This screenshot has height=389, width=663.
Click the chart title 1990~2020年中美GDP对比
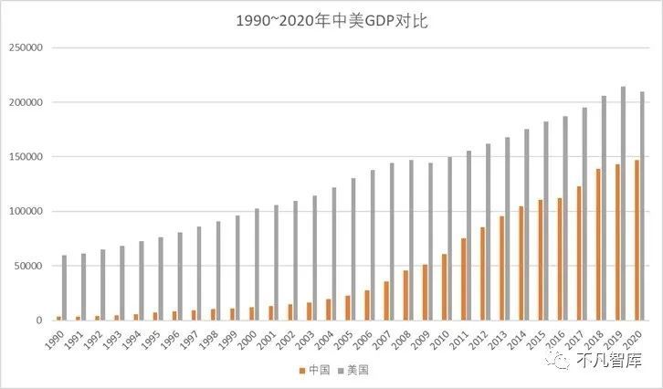tap(331, 20)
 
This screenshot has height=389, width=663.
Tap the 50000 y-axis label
tap(31, 266)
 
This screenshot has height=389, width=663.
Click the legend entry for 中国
tap(314, 370)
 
